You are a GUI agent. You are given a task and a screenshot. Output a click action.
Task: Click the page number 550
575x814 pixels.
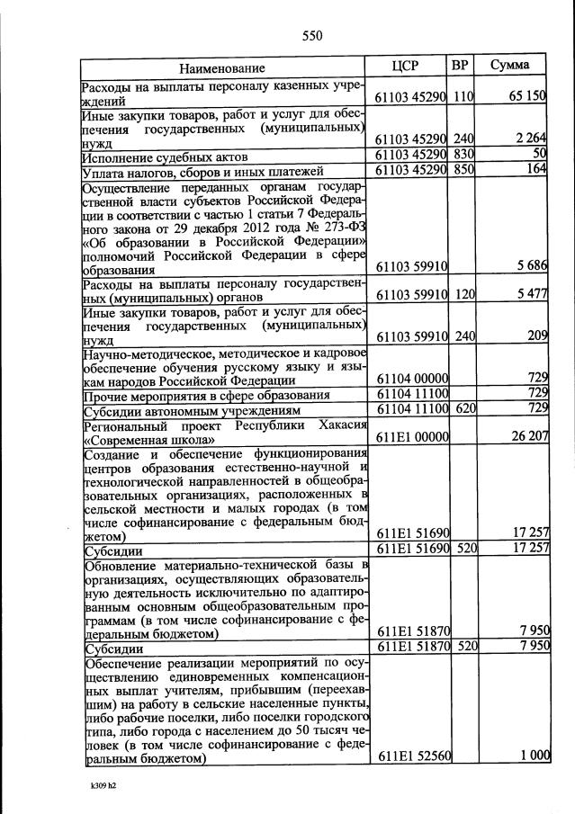[x=311, y=36]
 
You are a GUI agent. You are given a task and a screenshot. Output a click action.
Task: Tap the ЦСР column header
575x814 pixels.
[x=407, y=67]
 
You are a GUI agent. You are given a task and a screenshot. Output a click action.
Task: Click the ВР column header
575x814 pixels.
[x=461, y=67]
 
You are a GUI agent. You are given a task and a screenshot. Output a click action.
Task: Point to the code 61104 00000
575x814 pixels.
[x=411, y=379]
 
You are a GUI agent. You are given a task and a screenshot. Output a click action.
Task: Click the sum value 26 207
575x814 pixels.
[x=527, y=437]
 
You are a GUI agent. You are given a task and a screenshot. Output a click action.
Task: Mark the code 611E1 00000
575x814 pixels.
[x=411, y=437]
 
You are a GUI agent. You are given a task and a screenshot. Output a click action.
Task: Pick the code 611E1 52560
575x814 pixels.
[x=411, y=756]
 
